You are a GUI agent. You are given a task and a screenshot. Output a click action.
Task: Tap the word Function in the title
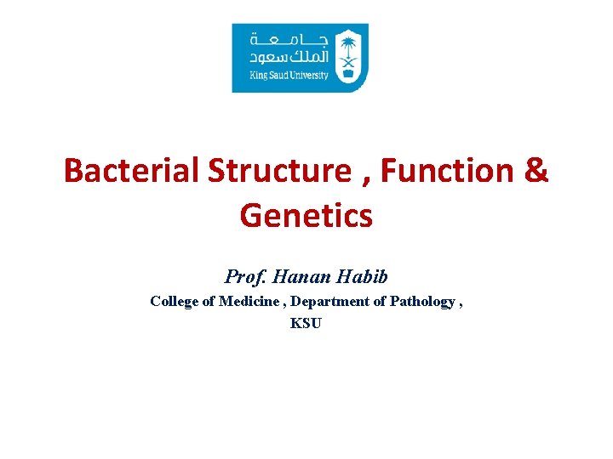point(449,171)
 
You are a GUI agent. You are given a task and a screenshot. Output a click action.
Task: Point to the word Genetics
point(306,215)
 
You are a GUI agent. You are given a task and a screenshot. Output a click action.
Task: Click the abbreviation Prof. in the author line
point(243,276)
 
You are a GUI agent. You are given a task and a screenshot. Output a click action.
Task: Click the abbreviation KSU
point(306,323)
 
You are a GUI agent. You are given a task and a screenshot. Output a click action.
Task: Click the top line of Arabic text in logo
point(289,39)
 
